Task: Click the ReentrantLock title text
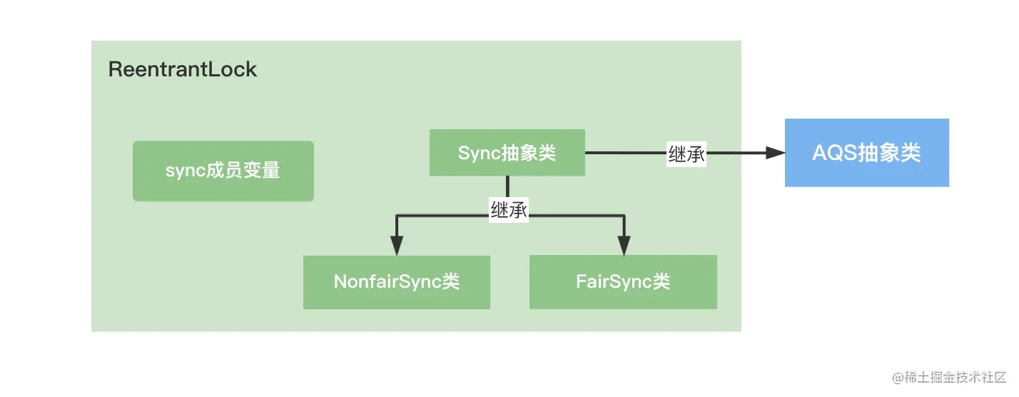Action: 182,70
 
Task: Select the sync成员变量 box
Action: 223,171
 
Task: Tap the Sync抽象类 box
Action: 507,153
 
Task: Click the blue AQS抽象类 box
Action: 866,153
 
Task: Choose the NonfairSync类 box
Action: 396,282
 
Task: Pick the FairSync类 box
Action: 623,282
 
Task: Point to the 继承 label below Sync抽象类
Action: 508,209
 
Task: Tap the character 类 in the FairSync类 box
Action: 661,282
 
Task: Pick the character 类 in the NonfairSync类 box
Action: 450,282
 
